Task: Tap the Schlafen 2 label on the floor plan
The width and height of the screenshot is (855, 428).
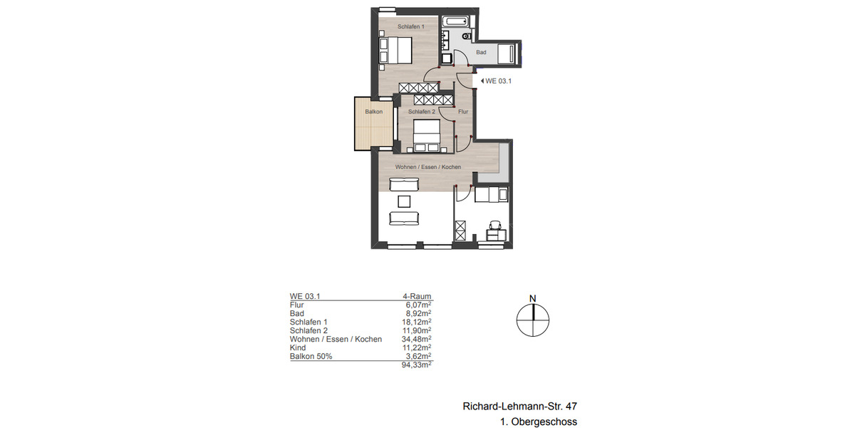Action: tap(422, 112)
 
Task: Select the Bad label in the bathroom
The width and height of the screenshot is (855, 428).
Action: tap(481, 53)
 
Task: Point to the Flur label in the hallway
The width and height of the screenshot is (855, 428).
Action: tap(462, 112)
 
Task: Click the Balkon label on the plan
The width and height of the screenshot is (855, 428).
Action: tap(374, 112)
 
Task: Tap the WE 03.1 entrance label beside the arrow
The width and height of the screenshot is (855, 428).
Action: tap(498, 81)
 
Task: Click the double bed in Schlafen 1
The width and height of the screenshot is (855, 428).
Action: tap(395, 51)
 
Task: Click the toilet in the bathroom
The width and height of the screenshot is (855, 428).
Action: tap(467, 35)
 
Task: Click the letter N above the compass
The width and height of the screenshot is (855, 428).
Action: tap(532, 298)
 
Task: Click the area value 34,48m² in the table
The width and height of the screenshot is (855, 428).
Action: tap(418, 339)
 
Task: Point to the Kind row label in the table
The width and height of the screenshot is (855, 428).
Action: tap(297, 347)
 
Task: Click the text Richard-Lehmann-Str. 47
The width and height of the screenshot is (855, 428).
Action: tap(519, 407)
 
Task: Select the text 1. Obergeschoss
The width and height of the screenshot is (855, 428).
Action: tap(539, 422)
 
